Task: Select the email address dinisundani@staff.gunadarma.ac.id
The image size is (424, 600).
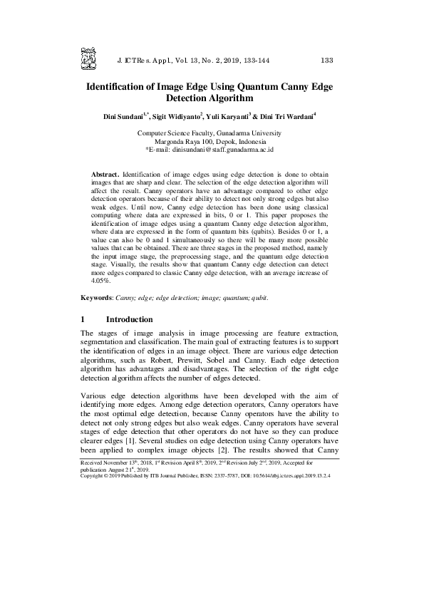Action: (x=223, y=150)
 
